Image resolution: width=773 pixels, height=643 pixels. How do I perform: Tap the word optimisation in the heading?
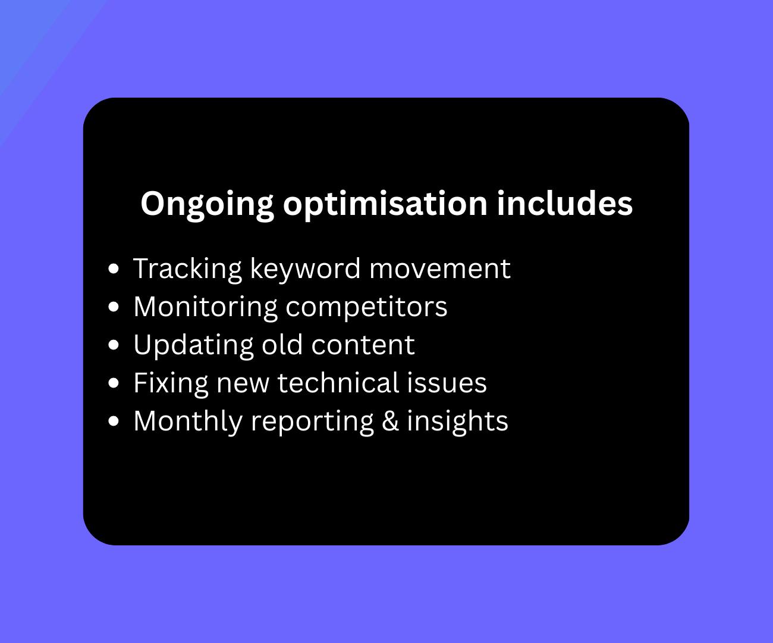pyautogui.click(x=385, y=204)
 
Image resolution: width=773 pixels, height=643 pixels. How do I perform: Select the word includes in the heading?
pyautogui.click(x=564, y=203)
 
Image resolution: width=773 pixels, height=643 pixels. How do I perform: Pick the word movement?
pyautogui.click(x=439, y=269)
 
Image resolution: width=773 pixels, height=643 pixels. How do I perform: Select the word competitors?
pyautogui.click(x=366, y=307)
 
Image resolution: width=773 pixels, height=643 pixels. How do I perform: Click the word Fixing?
pyautogui.click(x=171, y=383)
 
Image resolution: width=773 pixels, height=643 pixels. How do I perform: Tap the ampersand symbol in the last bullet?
pyautogui.click(x=390, y=420)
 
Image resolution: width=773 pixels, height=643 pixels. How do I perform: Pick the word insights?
pyautogui.click(x=457, y=421)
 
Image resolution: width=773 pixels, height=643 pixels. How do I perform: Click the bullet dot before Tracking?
pyautogui.click(x=115, y=269)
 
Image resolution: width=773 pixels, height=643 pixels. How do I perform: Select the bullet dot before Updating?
pyautogui.click(x=115, y=345)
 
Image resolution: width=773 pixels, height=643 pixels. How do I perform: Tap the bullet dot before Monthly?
pyautogui.click(x=115, y=421)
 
